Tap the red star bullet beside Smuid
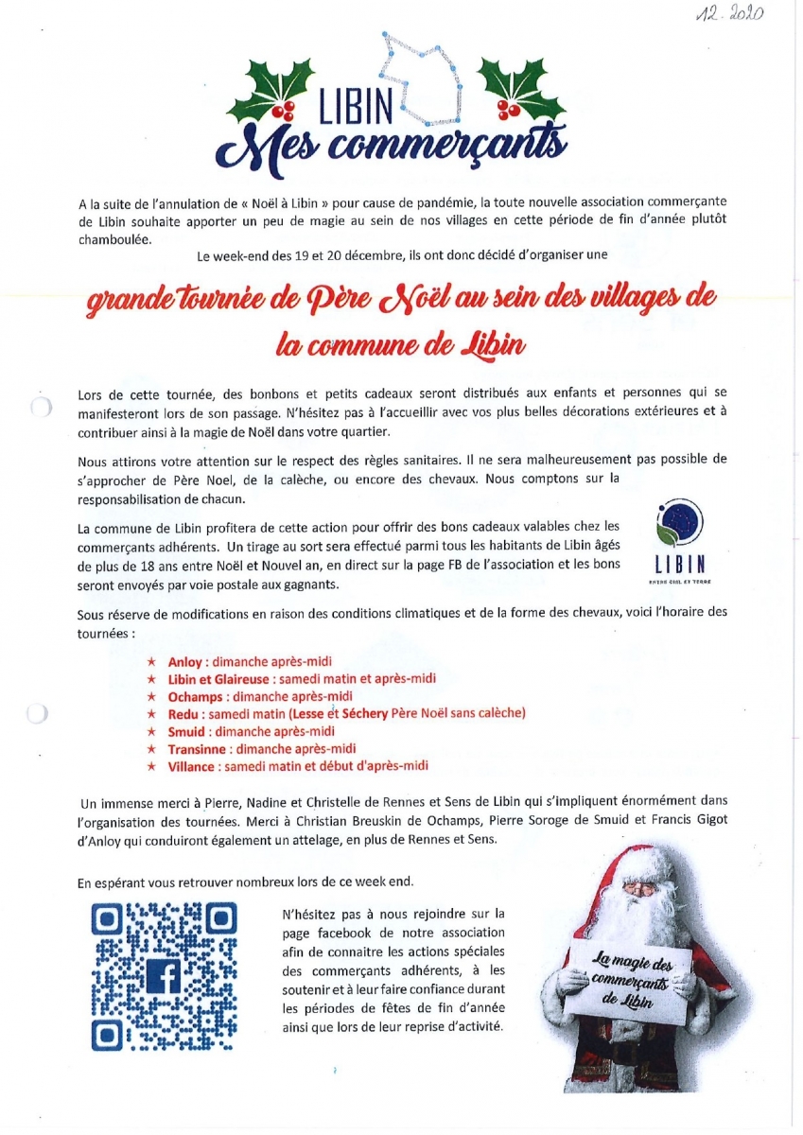tap(150, 731)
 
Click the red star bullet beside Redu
tap(150, 713)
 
